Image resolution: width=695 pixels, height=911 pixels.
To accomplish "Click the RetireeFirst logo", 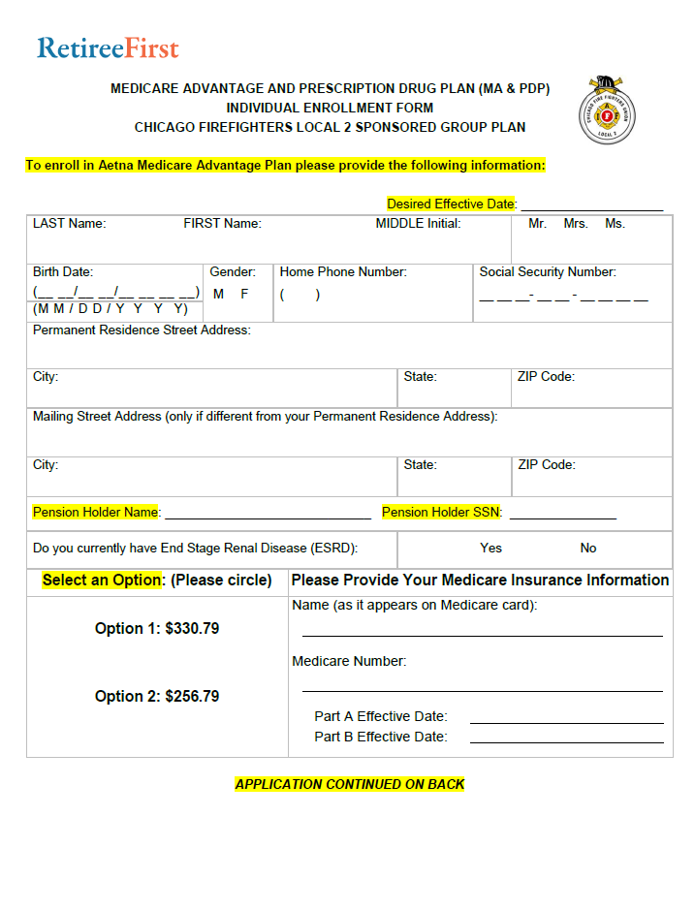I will click(108, 47).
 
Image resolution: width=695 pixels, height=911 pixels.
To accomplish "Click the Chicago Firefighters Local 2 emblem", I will click(607, 110).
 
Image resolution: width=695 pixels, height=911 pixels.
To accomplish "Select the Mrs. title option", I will click(576, 224).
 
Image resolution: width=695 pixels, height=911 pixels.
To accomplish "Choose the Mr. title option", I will click(537, 224).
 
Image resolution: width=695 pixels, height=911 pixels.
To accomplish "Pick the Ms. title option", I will click(615, 224).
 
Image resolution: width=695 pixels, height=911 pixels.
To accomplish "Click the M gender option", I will click(218, 294).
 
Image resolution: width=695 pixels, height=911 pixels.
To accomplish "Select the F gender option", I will click(244, 294).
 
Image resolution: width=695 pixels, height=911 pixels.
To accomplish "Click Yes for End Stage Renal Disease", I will click(490, 549).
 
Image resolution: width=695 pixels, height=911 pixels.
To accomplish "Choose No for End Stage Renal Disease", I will click(588, 549).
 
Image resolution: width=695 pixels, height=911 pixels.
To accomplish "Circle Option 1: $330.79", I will click(157, 629).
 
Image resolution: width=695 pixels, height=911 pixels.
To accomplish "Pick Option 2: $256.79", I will click(157, 697).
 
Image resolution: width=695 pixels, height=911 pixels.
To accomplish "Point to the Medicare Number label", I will click(349, 662).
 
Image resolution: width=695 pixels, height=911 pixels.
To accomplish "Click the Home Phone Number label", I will click(343, 272).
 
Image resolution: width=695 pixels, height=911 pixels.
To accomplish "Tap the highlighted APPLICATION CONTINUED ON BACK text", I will click(350, 784).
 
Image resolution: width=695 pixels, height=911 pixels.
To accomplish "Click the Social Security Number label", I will click(548, 272).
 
